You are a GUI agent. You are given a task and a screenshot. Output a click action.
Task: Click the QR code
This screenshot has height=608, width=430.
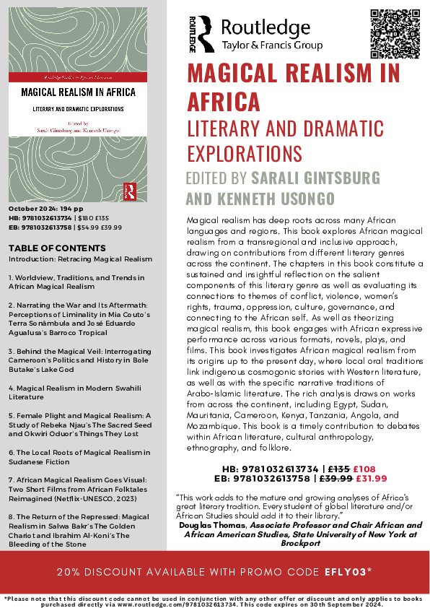pyautogui.click(x=395, y=33)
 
